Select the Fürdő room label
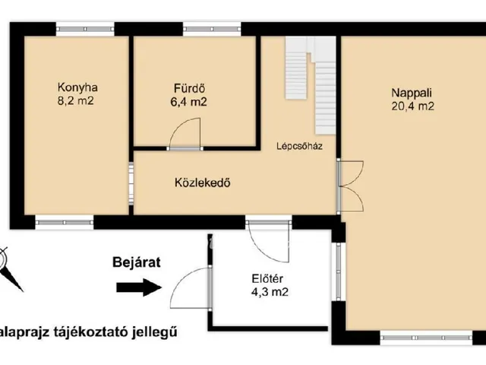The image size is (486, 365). (188, 87)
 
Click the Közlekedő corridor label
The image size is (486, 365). (202, 182)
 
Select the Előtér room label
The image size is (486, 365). (270, 278)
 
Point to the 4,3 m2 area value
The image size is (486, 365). (270, 291)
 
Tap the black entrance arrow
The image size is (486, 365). (139, 287)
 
